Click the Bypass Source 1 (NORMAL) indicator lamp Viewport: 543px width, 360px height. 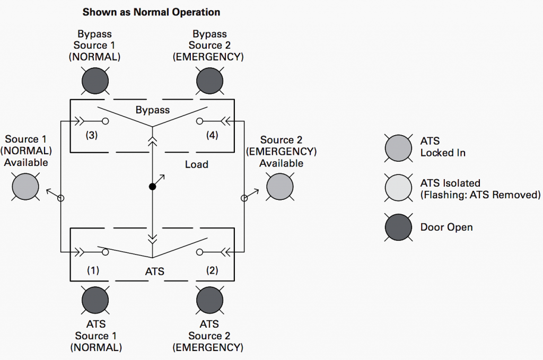coord(95,81)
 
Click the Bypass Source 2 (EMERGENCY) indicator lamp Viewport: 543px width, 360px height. coord(209,81)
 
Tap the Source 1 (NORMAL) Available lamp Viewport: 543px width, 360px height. coord(25,187)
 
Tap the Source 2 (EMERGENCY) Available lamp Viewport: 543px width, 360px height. coord(279,187)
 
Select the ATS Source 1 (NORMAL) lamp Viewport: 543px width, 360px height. coord(95,300)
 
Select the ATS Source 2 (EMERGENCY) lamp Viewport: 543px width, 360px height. coord(209,300)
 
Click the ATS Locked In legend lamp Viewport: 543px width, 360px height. coord(398,147)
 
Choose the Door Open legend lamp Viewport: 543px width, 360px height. coord(398,227)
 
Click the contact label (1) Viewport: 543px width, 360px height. coord(93,270)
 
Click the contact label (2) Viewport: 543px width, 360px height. coord(212,270)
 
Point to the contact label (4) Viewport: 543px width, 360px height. coord(212,136)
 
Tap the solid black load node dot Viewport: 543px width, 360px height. coord(152,187)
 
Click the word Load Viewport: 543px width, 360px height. coord(196,164)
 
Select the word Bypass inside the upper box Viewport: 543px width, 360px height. coord(153,110)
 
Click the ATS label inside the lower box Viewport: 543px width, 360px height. coord(155,271)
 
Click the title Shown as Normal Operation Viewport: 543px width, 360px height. coord(151,12)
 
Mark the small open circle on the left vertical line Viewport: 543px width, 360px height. coord(61,198)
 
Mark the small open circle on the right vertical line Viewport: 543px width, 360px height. coord(244,198)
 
